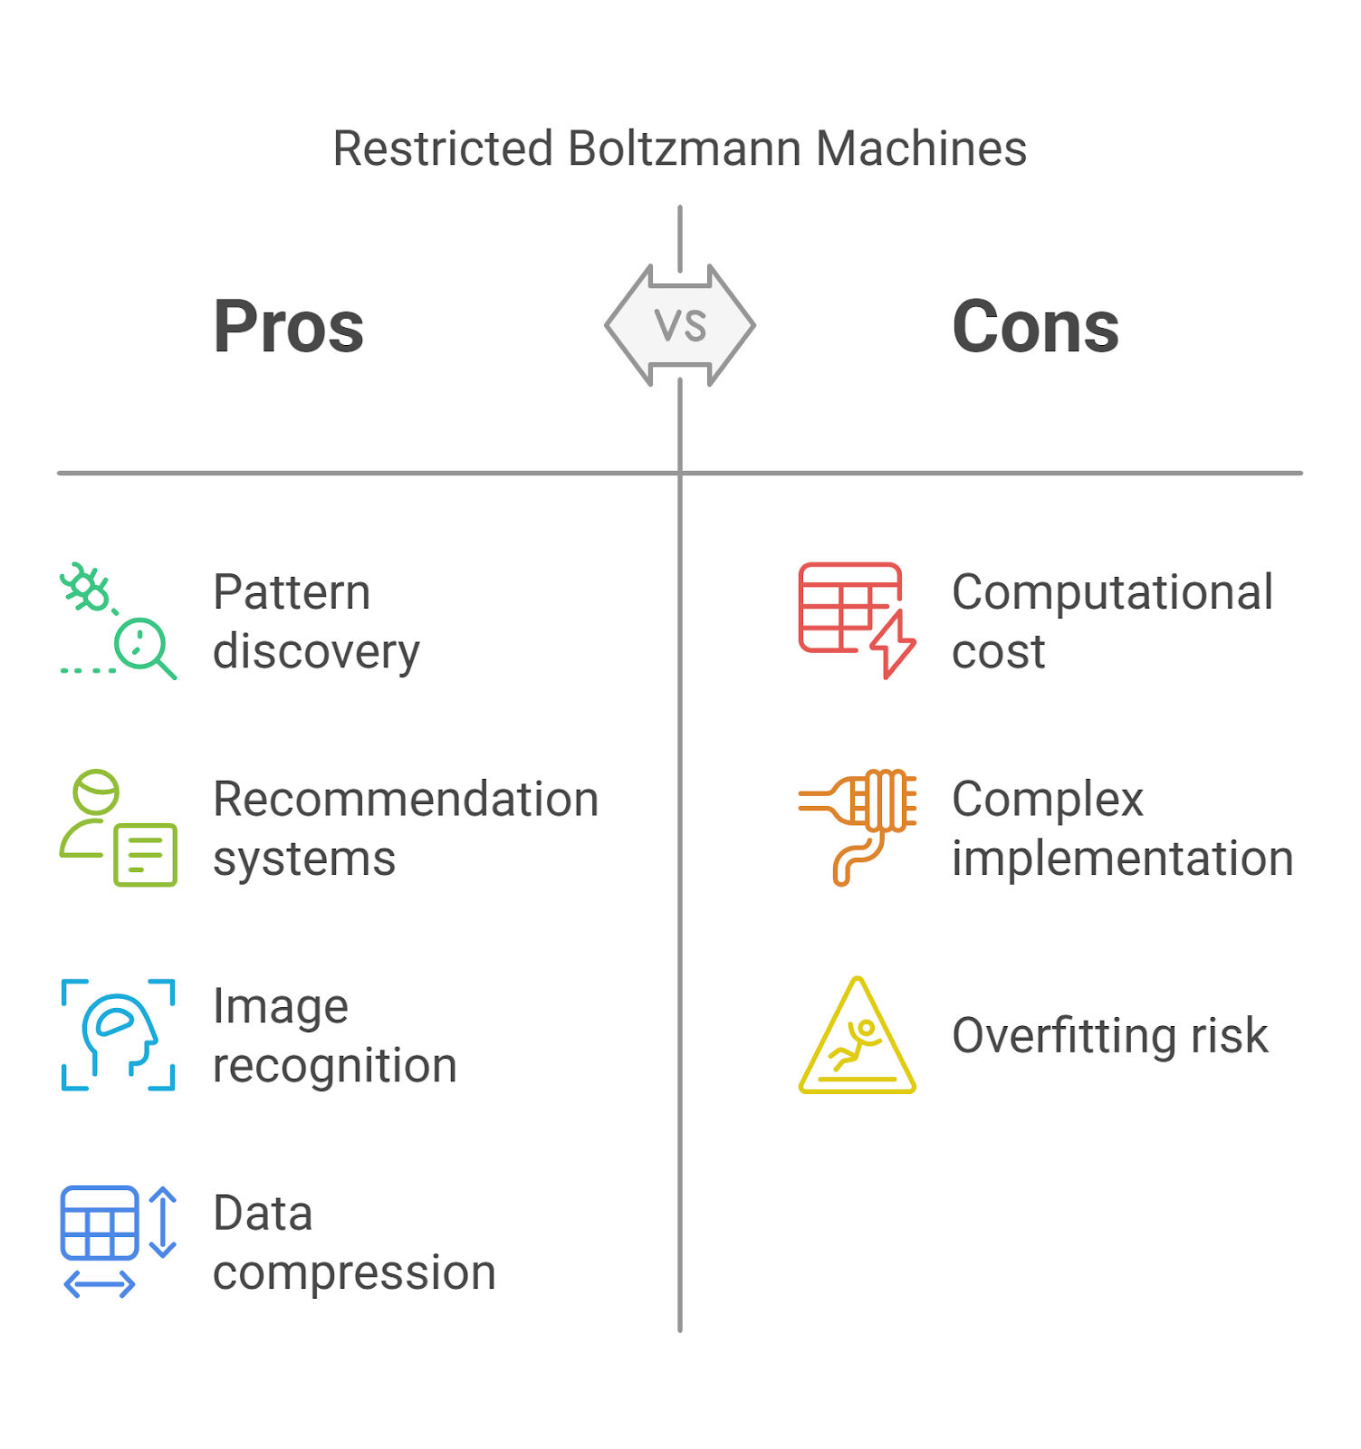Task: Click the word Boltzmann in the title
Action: click(x=684, y=149)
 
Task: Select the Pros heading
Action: click(x=288, y=327)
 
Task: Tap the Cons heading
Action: click(x=1035, y=327)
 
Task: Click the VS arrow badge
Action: click(x=680, y=326)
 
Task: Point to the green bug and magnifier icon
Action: click(x=118, y=621)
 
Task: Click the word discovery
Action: click(x=316, y=652)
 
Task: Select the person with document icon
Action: click(x=118, y=828)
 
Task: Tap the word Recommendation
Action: click(x=406, y=800)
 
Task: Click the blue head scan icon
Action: click(x=118, y=1034)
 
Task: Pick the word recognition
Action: click(x=334, y=1066)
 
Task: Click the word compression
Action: click(x=354, y=1273)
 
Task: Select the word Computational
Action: click(x=1112, y=593)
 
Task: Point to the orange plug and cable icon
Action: click(x=857, y=828)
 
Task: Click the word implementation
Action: click(x=1122, y=859)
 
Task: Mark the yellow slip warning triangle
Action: click(x=857, y=1036)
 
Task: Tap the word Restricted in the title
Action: click(x=443, y=149)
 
